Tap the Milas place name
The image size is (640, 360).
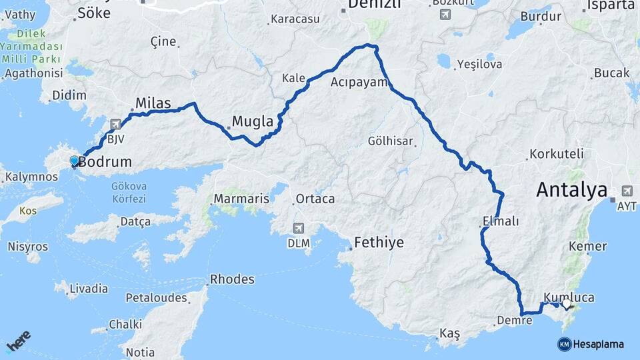pyautogui.click(x=153, y=103)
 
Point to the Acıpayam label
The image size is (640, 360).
pyautogui.click(x=359, y=83)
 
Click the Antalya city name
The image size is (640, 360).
pyautogui.click(x=571, y=190)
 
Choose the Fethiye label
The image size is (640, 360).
pyautogui.click(x=379, y=243)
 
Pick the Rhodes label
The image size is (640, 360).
pyautogui.click(x=232, y=279)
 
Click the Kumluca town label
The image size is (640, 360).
pyautogui.click(x=568, y=297)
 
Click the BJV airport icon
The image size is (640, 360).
pyautogui.click(x=116, y=125)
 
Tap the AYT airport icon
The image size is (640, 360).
pyautogui.click(x=627, y=191)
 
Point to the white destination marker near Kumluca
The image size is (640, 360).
pyautogui.click(x=566, y=304)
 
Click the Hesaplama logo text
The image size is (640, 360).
pyautogui.click(x=598, y=344)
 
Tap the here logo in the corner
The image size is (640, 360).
pyautogui.click(x=19, y=342)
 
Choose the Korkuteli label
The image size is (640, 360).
pyautogui.click(x=556, y=154)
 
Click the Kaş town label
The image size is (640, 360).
pyautogui.click(x=449, y=333)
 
